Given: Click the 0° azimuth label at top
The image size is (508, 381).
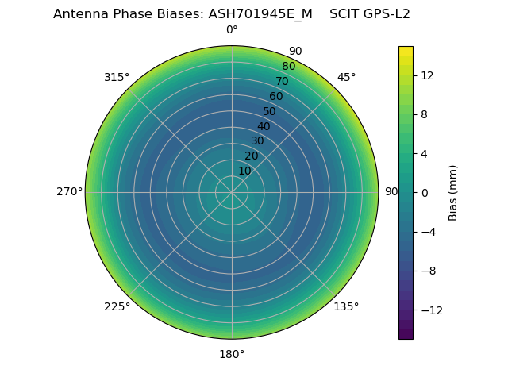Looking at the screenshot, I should pos(232,30).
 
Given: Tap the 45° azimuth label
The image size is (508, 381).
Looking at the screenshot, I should pos(346,77).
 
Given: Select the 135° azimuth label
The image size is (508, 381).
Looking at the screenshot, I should pos(346,306).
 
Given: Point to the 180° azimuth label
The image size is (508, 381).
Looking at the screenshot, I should pos(232,354).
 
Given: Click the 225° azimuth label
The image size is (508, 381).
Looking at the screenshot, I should pos(117,306).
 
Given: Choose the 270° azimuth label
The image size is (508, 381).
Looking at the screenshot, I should pos(69,192).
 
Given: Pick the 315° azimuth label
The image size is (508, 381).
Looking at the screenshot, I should pos(117,77).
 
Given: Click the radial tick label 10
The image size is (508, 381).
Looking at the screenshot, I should pos(244,171).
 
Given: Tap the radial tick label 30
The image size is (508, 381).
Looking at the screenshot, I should pos(257,140).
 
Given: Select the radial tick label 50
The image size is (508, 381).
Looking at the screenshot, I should pos(270,111).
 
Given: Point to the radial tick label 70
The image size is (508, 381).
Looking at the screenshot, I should pos(282,81).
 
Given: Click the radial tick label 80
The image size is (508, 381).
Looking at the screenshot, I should pos(288,67).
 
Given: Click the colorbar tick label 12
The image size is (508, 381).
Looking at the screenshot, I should pos(426,75).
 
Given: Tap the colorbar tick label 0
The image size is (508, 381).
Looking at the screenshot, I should pos(425,193).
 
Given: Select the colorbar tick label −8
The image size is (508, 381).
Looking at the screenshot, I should pos(426,271).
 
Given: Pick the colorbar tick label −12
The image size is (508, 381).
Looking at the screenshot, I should pos(429,310).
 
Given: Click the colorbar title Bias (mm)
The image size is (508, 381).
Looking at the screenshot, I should pos(453,193).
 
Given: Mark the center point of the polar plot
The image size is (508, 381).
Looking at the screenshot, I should pos(232,192).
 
